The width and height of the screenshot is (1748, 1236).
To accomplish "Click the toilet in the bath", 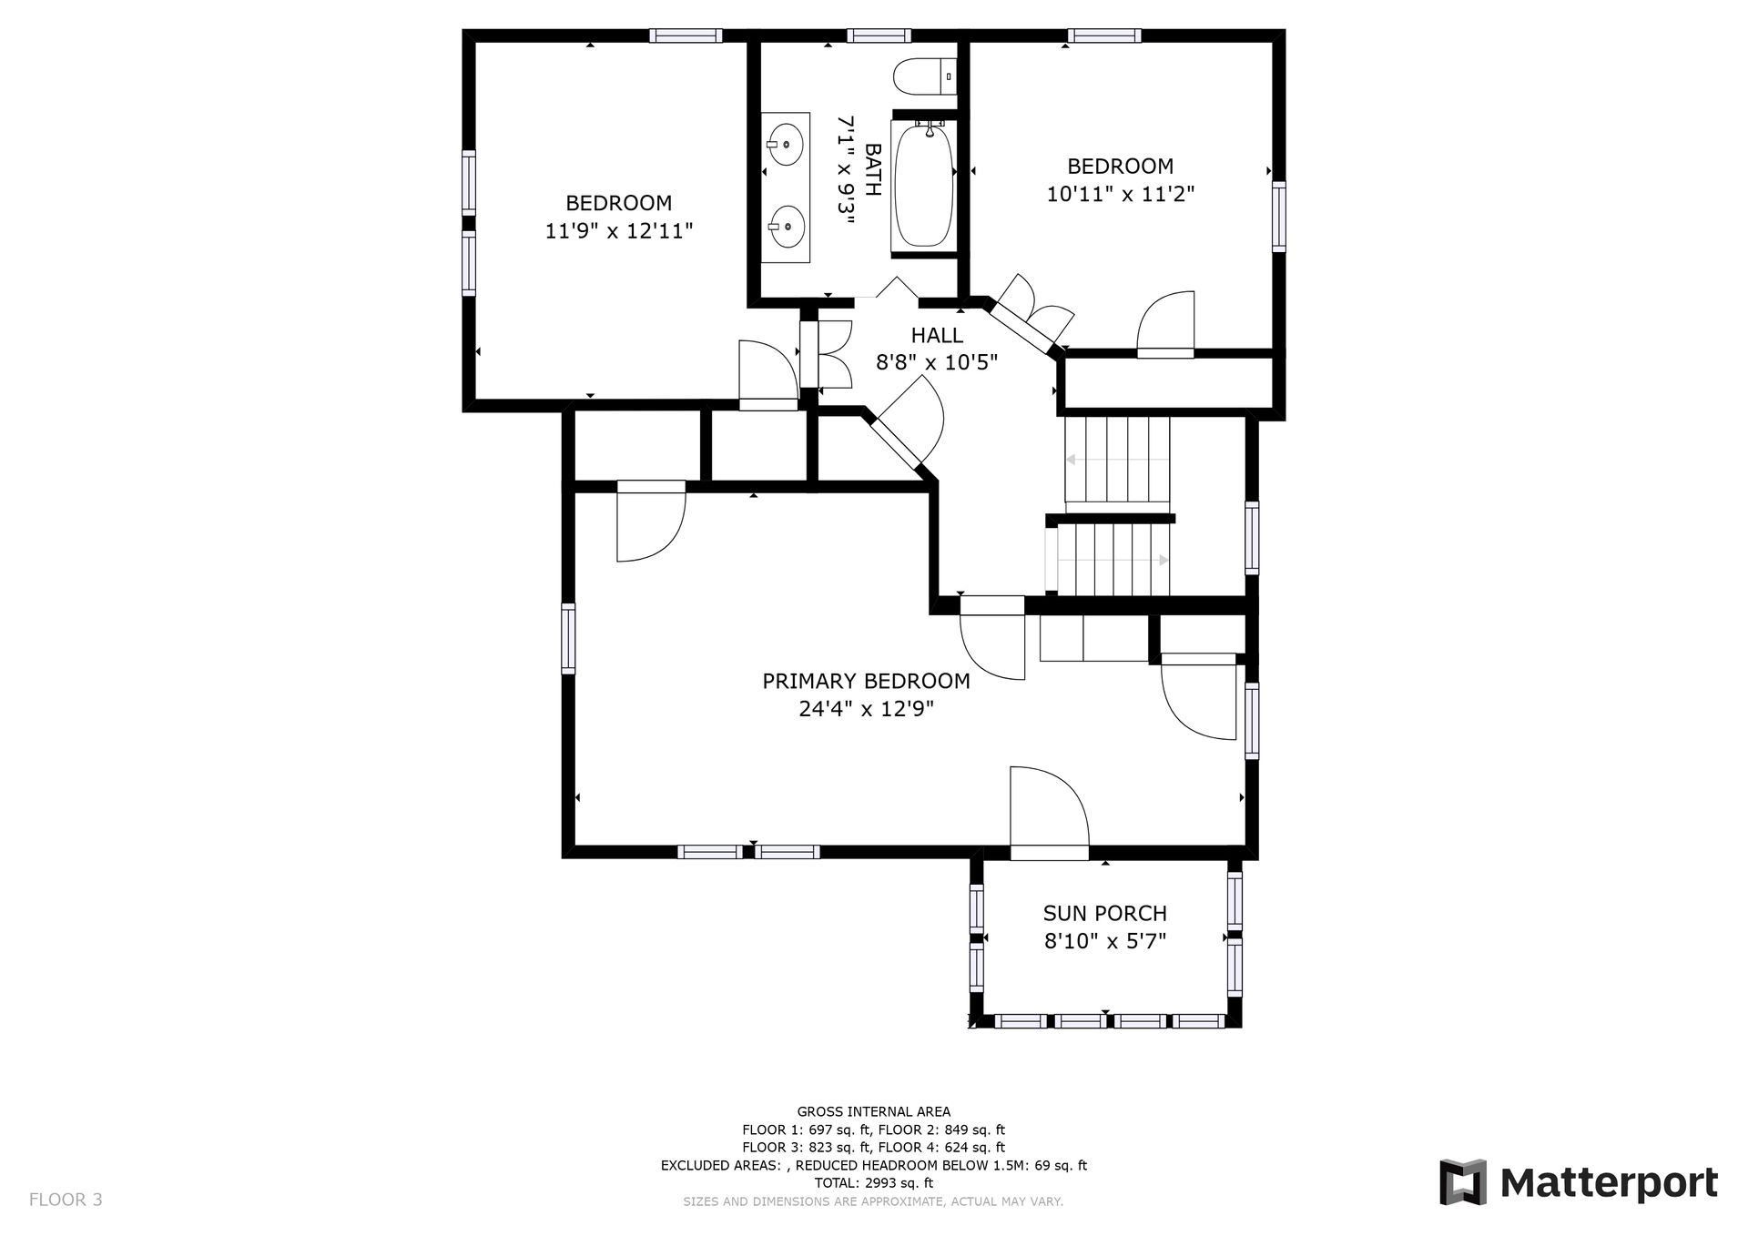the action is coord(925,77).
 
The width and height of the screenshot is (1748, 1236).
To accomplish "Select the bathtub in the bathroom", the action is coord(924,186).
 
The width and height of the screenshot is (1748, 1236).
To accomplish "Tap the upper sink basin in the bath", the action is coord(785,143).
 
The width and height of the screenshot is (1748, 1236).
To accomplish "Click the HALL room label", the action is coord(937,335).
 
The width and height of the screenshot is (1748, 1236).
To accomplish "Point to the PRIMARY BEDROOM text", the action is coord(866,681).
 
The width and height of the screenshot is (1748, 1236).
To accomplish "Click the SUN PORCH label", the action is coord(1104,913).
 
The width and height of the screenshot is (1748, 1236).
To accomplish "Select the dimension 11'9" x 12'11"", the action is coord(619,231).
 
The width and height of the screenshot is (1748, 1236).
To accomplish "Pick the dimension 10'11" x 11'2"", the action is coord(1121,194).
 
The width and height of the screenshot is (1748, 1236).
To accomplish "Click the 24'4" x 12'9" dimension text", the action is coord(866,708).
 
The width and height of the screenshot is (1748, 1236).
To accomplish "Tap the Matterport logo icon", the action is coord(1462,1182).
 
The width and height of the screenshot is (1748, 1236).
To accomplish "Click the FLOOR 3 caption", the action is coord(66,1200).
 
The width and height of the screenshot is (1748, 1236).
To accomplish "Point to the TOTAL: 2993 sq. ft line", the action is coord(874,1183).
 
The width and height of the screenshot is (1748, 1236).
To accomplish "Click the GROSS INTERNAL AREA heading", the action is coord(874,1111).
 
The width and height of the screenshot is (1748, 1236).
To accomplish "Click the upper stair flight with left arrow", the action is coord(1117,460).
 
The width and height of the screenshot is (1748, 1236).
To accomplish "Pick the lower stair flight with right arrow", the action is coord(1113,560).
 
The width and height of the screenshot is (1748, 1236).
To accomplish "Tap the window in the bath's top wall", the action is coord(878,35).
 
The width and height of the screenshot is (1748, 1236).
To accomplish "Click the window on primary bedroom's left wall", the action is coord(568,638).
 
